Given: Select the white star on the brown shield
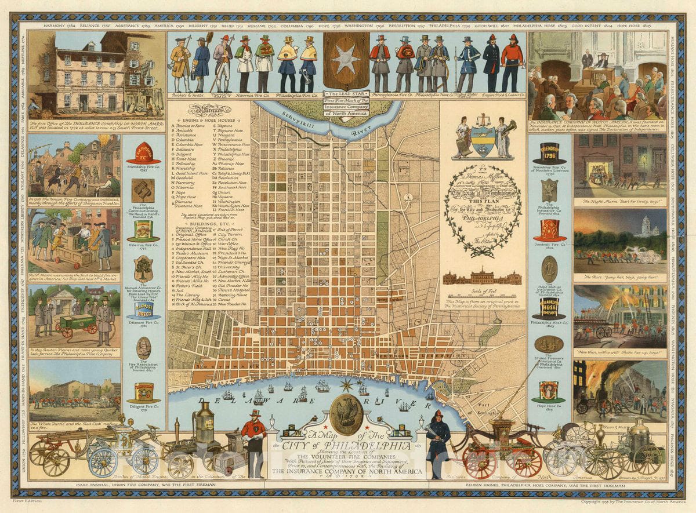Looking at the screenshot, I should [346, 61].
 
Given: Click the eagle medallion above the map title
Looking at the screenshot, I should [347, 415].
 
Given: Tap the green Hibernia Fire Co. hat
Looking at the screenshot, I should [143, 231].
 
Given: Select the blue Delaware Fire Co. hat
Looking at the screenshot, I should [143, 310].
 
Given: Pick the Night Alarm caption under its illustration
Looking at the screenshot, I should [619, 202].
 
